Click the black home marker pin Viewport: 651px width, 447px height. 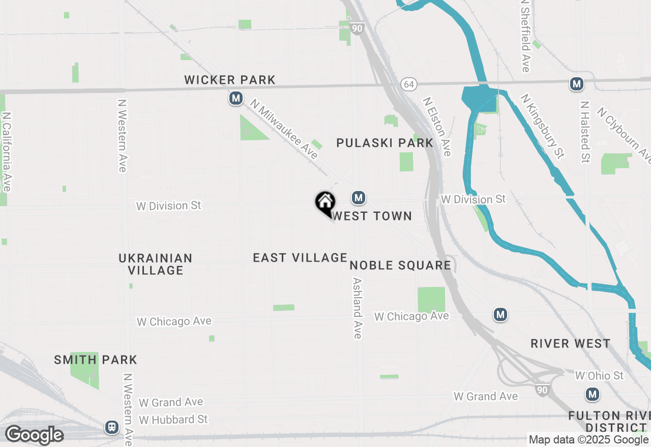coord(325,203)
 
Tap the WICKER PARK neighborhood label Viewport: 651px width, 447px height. coord(230,80)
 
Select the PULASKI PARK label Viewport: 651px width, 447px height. coord(385,143)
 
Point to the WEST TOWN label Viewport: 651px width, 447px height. coord(372,216)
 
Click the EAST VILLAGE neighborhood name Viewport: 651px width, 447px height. coord(300,258)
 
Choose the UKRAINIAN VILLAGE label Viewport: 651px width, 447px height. coord(156,264)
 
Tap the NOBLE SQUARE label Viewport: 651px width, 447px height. coord(400,265)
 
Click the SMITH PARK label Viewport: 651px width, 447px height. coord(96,360)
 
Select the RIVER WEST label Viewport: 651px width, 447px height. coord(570,344)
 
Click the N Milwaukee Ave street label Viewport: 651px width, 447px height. coord(284,130)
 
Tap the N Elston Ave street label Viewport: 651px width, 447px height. coord(437,127)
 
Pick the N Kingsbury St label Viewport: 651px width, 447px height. coord(543,126)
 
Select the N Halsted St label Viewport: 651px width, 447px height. coord(585,132)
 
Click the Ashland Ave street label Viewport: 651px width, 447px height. coord(358,308)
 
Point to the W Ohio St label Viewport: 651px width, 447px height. coord(599,376)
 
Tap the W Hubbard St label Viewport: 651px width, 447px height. coord(173,420)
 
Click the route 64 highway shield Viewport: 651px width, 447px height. coord(408,83)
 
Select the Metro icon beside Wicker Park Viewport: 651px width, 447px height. coord(235,98)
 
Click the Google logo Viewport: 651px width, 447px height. coord(34,435)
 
